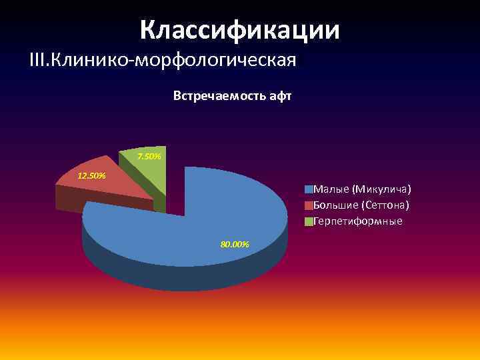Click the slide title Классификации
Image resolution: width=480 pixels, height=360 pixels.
pyautogui.click(x=240, y=30)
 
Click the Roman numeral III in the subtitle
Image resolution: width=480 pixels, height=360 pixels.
pyautogui.click(x=39, y=61)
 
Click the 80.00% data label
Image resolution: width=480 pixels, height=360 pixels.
pyautogui.click(x=235, y=245)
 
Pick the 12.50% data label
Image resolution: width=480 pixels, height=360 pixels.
pyautogui.click(x=92, y=176)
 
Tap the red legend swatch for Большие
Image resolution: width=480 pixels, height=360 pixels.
pyautogui.click(x=309, y=205)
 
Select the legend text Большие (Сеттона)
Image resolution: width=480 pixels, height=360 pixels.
pyautogui.click(x=361, y=205)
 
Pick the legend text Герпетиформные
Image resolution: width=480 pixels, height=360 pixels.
pyautogui.click(x=357, y=221)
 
